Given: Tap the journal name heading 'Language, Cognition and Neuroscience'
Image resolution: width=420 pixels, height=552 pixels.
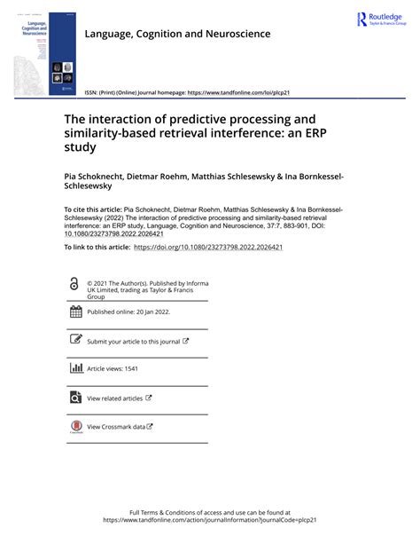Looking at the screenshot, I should [x=177, y=34].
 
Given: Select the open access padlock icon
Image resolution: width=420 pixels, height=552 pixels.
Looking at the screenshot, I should [x=74, y=283].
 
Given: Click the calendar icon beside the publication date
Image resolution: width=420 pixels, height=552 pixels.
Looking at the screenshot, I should [x=75, y=311].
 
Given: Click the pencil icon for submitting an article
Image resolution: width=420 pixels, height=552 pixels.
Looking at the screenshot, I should [x=75, y=340].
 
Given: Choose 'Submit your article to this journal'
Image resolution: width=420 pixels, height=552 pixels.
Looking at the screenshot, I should [x=133, y=341].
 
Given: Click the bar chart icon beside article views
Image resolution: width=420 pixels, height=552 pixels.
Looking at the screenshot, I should [x=75, y=368].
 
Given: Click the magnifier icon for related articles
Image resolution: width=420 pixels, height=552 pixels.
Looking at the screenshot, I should [x=75, y=398].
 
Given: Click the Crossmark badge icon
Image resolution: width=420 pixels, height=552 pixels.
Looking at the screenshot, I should [x=75, y=427].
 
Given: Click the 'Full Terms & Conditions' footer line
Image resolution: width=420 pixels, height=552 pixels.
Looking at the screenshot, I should [x=210, y=512].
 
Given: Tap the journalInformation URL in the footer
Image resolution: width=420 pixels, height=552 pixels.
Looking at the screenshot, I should [x=210, y=521].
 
